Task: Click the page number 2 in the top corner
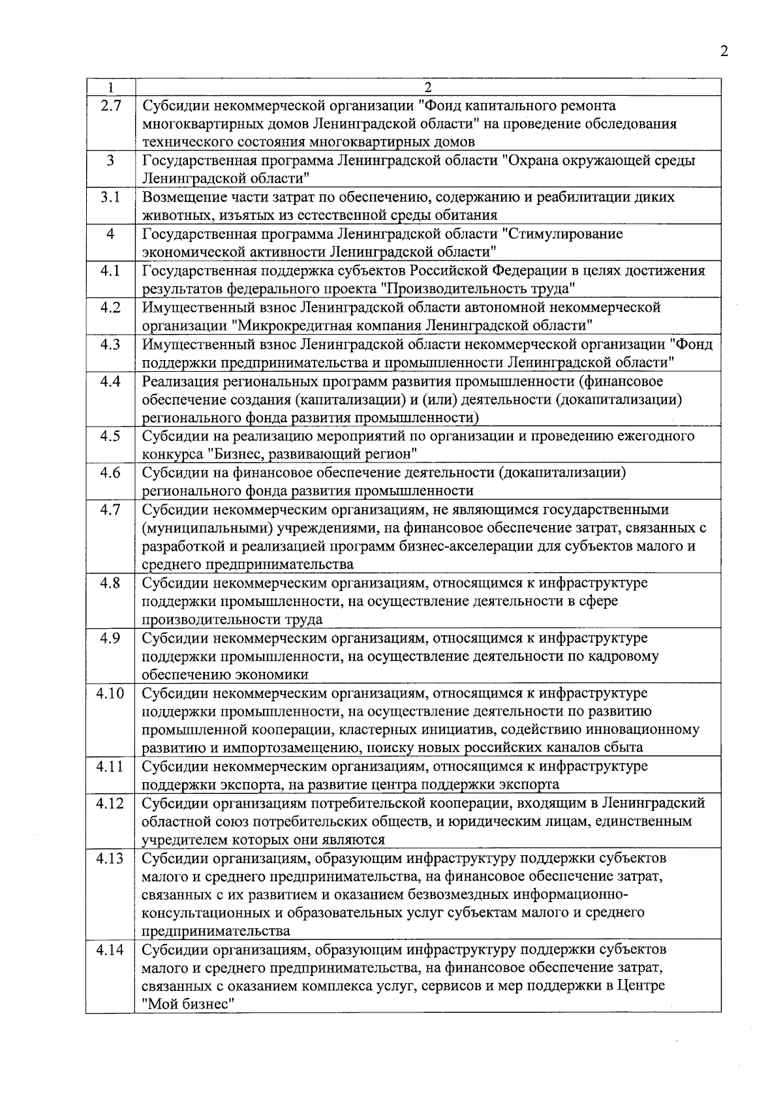tap(724, 52)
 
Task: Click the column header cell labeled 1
tap(110, 87)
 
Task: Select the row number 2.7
tap(110, 106)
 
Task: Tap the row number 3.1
tap(110, 197)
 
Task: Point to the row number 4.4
tap(110, 381)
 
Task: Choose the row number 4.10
tap(110, 693)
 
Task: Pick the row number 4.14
tap(110, 950)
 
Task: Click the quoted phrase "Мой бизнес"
tap(189, 1004)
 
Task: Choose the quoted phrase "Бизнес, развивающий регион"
tap(313, 453)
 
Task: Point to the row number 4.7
tap(110, 509)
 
